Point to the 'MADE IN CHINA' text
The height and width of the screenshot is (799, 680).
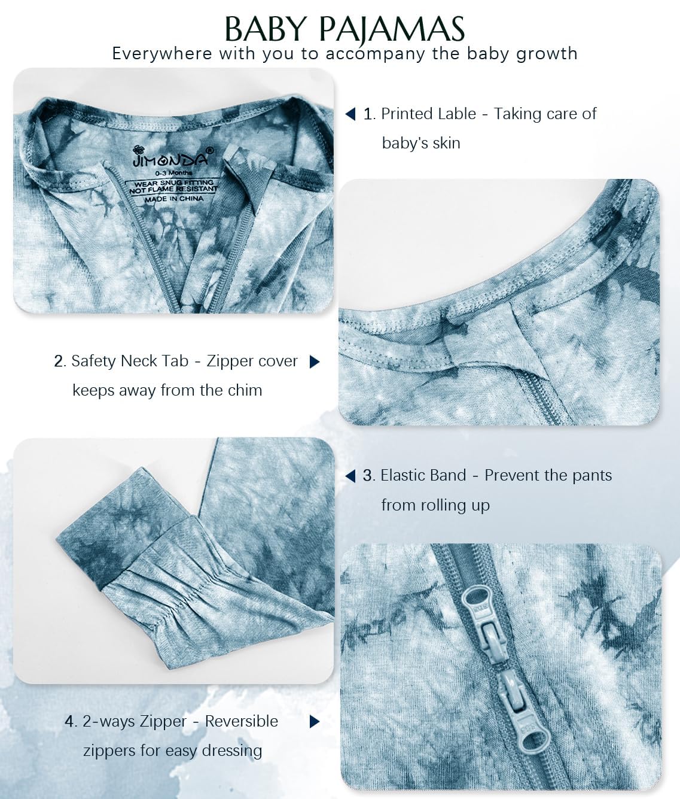click(174, 199)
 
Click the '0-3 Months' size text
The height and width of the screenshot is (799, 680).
click(173, 173)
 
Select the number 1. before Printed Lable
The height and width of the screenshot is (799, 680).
click(369, 114)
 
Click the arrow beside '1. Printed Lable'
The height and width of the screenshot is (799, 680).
click(350, 114)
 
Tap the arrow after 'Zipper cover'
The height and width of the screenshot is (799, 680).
click(315, 362)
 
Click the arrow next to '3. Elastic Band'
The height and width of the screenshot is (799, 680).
click(350, 476)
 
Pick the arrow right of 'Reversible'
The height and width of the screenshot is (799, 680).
click(315, 721)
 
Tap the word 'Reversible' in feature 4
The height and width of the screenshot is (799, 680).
click(242, 721)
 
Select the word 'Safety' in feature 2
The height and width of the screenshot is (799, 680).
click(93, 362)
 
